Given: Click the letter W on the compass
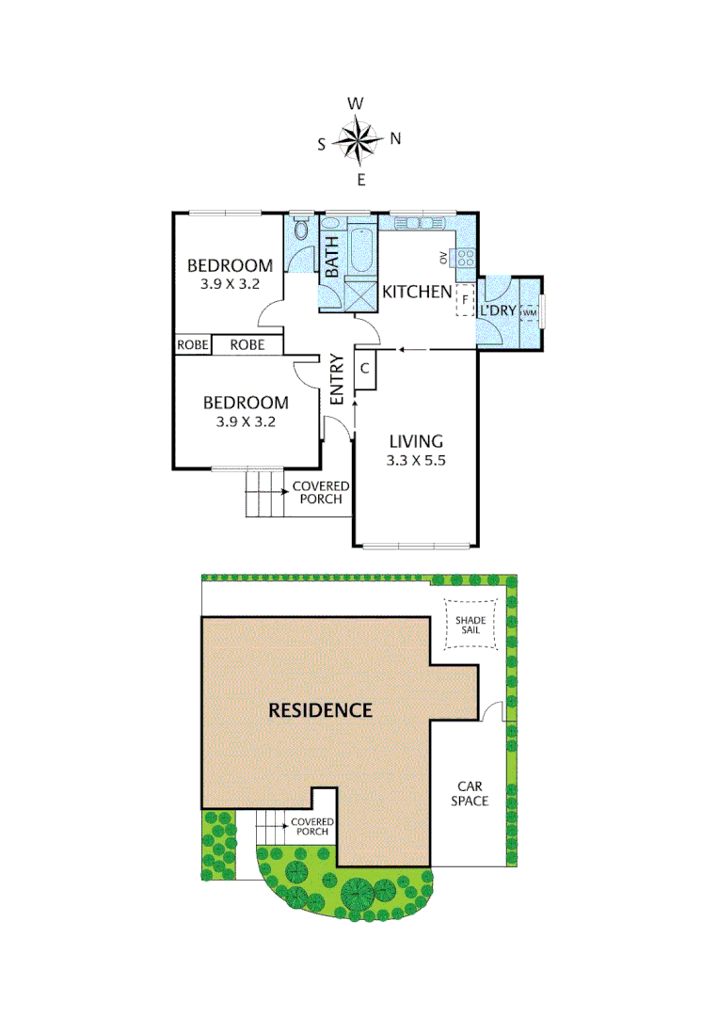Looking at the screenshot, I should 356,103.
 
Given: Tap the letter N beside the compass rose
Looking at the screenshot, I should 395,139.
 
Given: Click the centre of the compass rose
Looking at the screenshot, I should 357,142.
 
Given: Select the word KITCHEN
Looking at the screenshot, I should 416,293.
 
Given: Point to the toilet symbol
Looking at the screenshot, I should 301,230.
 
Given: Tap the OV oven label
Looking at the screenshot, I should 442,257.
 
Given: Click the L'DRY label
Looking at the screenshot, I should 498,310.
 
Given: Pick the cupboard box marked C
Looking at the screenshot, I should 365,368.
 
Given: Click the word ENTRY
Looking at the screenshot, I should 336,380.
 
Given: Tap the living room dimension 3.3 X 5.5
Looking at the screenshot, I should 414,460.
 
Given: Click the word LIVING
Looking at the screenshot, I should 414,441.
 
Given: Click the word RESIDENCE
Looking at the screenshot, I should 321,709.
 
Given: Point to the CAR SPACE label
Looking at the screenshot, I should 472,793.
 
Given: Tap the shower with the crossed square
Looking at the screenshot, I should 359,294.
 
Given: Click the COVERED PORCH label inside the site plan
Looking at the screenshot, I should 311,826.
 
